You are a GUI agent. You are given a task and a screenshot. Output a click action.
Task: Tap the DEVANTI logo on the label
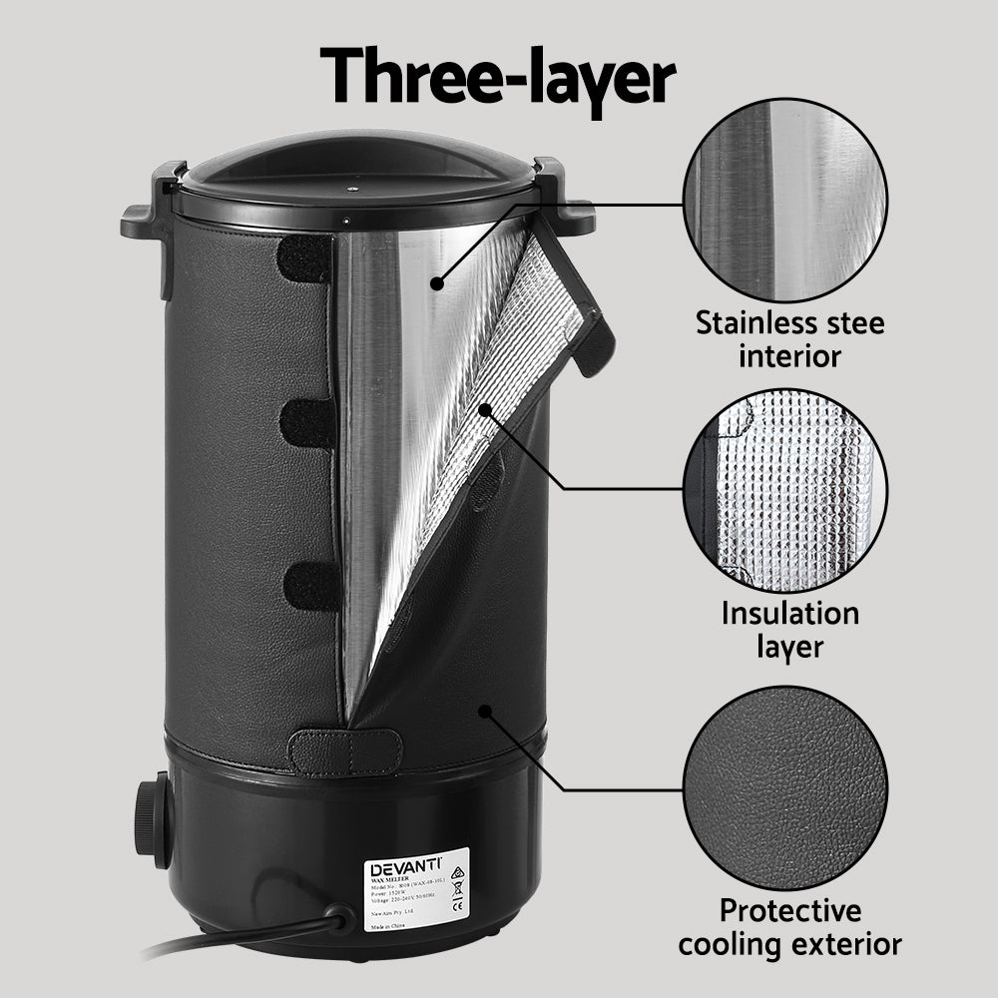pyautogui.click(x=405, y=867)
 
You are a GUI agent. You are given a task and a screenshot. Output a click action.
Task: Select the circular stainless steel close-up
pyautogui.click(x=785, y=202)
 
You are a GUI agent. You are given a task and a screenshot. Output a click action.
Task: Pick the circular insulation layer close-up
pyautogui.click(x=785, y=489)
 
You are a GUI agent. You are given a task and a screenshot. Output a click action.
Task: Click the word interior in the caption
pyautogui.click(x=789, y=356)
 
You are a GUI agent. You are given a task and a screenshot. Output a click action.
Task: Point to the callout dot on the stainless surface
pyautogui.click(x=436, y=283)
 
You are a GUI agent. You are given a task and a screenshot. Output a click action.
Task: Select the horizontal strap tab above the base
pyautogui.click(x=345, y=751)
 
